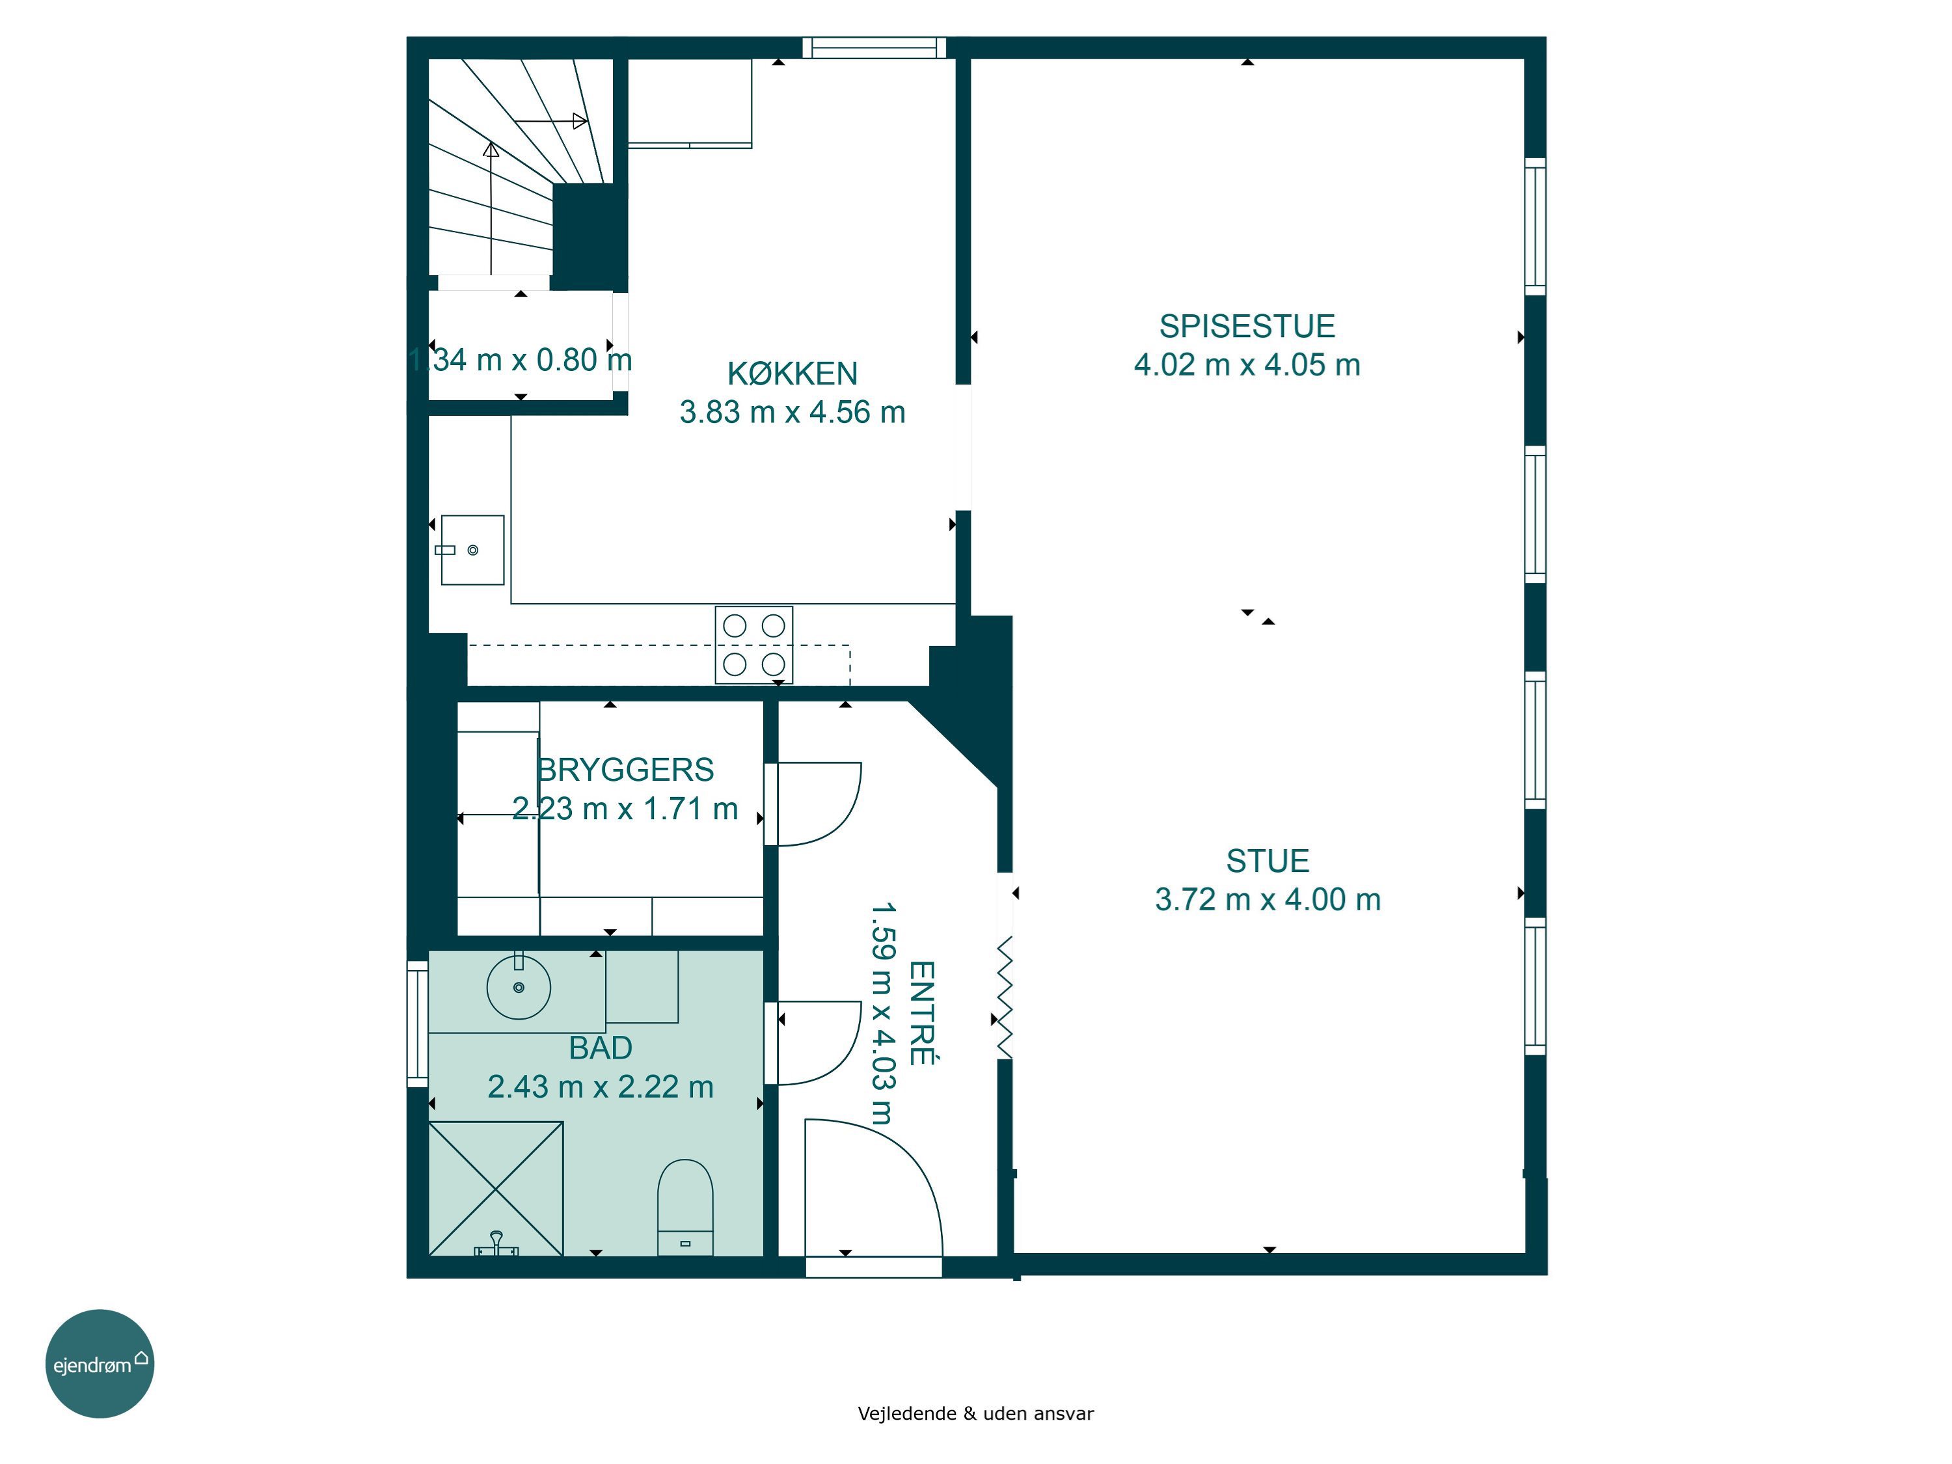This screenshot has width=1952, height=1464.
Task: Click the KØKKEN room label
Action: pyautogui.click(x=793, y=373)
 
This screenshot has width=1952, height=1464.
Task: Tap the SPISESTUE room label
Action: pyautogui.click(x=1247, y=327)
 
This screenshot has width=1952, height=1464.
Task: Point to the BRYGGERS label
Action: pyautogui.click(x=626, y=770)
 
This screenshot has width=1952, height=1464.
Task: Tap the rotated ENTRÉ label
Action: pyautogui.click(x=921, y=1013)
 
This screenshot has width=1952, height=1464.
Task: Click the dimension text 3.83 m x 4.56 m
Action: pyautogui.click(x=793, y=412)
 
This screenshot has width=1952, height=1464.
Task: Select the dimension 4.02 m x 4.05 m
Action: pyautogui.click(x=1247, y=364)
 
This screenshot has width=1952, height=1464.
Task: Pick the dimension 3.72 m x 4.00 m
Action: pyautogui.click(x=1268, y=899)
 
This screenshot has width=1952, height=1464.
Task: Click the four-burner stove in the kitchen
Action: pyautogui.click(x=753, y=644)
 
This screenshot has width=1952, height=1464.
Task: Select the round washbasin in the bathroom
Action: pyautogui.click(x=519, y=986)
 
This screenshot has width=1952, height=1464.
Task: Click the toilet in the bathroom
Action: pyautogui.click(x=685, y=1206)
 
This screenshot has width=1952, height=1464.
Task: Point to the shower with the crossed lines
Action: pyautogui.click(x=496, y=1187)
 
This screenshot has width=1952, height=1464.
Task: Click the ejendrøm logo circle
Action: pyautogui.click(x=100, y=1364)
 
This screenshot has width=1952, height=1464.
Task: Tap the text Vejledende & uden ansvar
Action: pyautogui.click(x=975, y=1414)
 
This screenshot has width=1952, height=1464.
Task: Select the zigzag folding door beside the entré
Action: pyautogui.click(x=1004, y=998)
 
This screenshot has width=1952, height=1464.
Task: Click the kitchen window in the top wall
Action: pyautogui.click(x=874, y=47)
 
